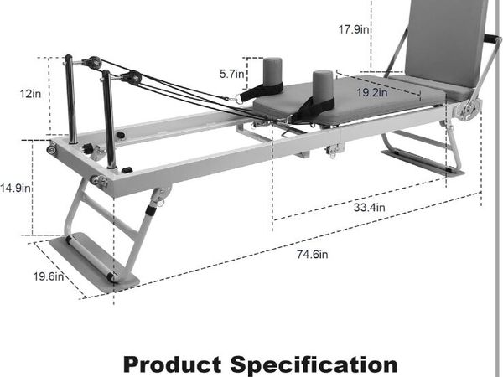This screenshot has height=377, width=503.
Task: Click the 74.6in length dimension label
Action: (312, 255)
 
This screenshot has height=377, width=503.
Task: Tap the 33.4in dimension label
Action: (369, 208)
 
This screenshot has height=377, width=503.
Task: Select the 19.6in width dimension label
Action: (49, 276)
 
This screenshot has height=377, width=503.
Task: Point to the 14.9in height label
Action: (15, 188)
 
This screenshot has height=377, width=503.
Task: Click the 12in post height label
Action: (30, 94)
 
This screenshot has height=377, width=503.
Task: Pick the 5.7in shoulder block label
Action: (231, 74)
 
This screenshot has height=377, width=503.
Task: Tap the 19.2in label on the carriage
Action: (372, 93)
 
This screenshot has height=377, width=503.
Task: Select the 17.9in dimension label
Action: (354, 29)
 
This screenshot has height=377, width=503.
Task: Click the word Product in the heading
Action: (172, 364)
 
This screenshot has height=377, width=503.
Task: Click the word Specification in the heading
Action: (314, 364)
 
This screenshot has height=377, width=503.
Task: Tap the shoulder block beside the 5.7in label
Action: (272, 72)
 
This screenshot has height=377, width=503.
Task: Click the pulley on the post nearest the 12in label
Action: (93, 63)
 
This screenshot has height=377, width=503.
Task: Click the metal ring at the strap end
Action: (239, 98)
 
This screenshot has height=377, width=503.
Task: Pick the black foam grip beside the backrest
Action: (492, 39)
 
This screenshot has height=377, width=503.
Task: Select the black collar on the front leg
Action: (150, 210)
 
